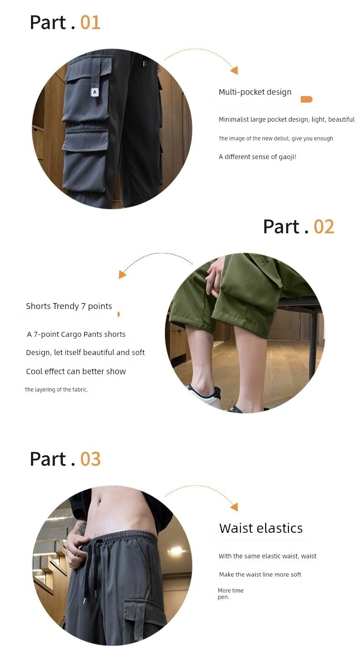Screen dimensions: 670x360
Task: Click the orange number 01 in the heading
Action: (x=90, y=22)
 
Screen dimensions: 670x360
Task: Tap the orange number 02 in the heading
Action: (x=324, y=227)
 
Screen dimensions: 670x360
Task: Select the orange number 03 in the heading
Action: (x=90, y=459)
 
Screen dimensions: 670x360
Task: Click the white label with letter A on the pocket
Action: (x=95, y=92)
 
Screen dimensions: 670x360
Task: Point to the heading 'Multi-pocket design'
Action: (x=255, y=92)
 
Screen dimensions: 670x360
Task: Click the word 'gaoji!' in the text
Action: (x=288, y=157)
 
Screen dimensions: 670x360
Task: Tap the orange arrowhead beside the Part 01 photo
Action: (x=234, y=70)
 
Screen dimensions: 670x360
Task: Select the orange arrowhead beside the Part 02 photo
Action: (x=122, y=274)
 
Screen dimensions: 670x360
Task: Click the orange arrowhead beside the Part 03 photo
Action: (x=234, y=507)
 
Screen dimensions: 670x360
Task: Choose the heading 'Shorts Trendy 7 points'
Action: (x=69, y=306)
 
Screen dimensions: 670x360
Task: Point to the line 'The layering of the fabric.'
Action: (x=56, y=390)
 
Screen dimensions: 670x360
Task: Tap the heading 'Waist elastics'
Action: (x=261, y=528)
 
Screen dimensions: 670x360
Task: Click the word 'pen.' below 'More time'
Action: (x=223, y=597)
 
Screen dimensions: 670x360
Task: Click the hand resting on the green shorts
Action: (x=215, y=276)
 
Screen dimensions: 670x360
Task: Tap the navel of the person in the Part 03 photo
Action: (x=99, y=503)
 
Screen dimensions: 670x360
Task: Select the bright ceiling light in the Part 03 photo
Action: (x=176, y=551)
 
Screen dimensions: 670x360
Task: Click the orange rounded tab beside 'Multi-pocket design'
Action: (x=306, y=99)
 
